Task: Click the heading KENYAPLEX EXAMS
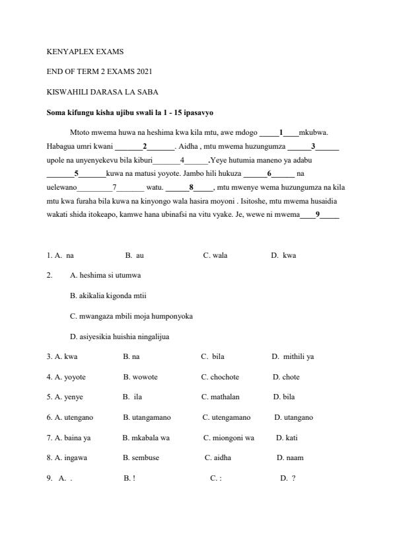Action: [x=85, y=51]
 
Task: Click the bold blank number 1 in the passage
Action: [x=281, y=132]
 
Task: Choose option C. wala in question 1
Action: [x=215, y=255]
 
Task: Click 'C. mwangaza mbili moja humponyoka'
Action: [x=131, y=316]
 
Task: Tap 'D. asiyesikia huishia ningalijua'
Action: [x=120, y=337]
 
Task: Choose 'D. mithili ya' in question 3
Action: [x=293, y=356]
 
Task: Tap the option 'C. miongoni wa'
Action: [x=229, y=437]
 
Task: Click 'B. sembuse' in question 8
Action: [x=141, y=457]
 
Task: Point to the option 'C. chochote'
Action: [x=220, y=377]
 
